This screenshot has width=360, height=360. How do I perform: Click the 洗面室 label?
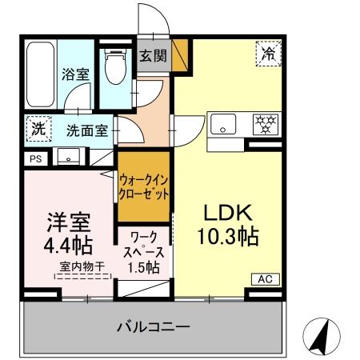pos(86,130)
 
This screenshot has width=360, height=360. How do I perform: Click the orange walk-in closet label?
pos(145,186)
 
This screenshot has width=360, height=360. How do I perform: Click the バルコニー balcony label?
pos(152,326)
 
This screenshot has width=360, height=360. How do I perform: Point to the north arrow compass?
pos(321,337)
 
